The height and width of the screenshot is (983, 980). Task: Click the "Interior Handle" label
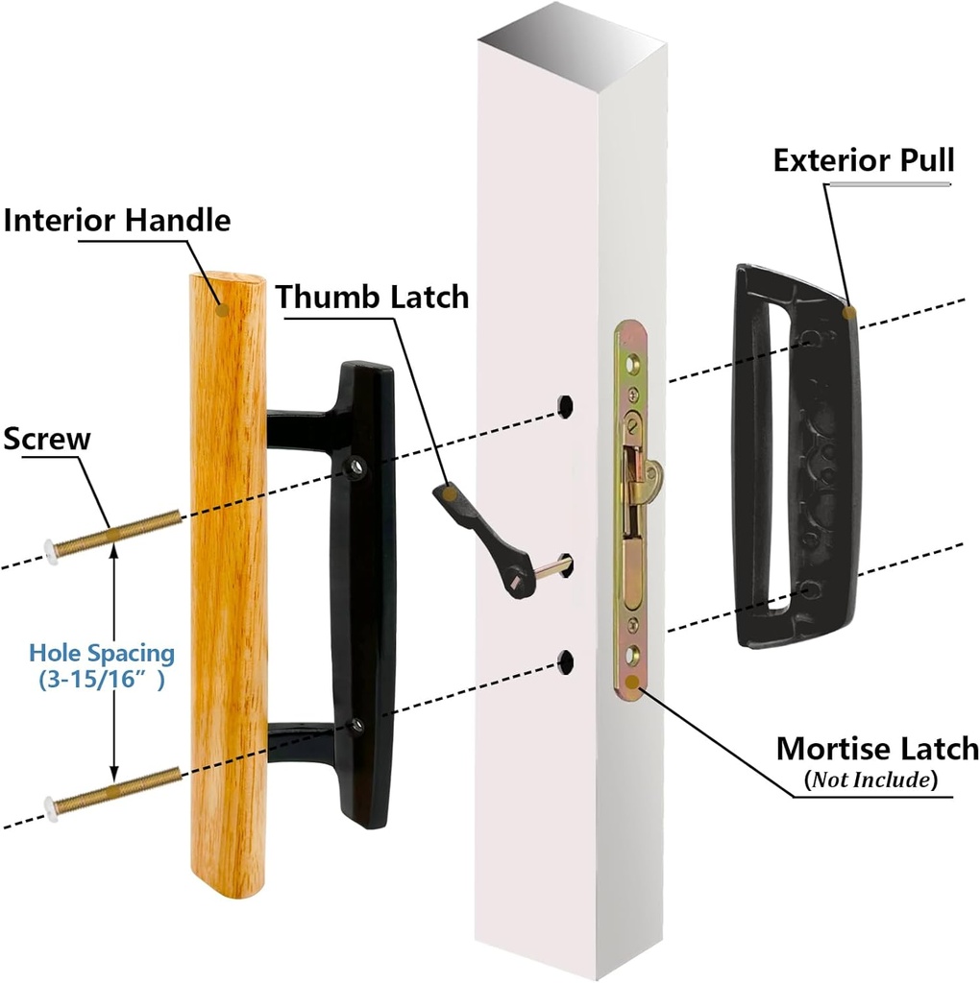pos(117,221)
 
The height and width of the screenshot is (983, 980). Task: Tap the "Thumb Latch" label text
pos(373,297)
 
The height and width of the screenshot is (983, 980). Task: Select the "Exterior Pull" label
pos(864,159)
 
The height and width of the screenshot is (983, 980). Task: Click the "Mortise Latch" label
pos(876,748)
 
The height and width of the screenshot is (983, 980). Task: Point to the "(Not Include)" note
pos(870,779)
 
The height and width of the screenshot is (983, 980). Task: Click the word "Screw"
pos(47,440)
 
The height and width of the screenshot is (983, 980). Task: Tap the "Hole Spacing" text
pos(102,654)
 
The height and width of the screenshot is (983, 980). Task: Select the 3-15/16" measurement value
pos(102,680)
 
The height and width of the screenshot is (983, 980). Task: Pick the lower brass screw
pos(115,790)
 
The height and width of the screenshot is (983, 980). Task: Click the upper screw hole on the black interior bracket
pos(357,468)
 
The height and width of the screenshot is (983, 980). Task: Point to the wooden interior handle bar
pos(228,595)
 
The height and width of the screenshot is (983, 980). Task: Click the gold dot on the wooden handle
pos(222,309)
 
